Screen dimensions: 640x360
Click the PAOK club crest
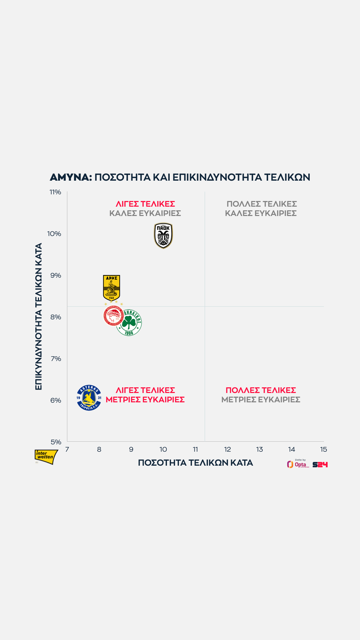pyautogui.click(x=163, y=236)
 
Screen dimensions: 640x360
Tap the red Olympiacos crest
pyautogui.click(x=113, y=316)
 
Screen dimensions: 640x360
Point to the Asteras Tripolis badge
pyautogui.click(x=89, y=398)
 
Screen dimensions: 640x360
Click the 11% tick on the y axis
pyautogui.click(x=55, y=192)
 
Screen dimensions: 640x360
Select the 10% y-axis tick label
pyautogui.click(x=54, y=234)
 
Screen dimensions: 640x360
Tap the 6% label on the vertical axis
pyautogui.click(x=56, y=400)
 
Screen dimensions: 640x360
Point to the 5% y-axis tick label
pyautogui.click(x=56, y=442)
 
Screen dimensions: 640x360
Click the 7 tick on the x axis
pyautogui.click(x=67, y=449)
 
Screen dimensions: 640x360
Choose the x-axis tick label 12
pyautogui.click(x=227, y=449)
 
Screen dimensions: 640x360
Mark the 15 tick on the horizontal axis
pyautogui.click(x=323, y=449)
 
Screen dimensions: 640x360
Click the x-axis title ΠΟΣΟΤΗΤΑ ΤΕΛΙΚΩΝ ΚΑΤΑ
pyautogui.click(x=195, y=463)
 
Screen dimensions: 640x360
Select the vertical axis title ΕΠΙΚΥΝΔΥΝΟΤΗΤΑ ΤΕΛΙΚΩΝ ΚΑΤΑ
pyautogui.click(x=39, y=316)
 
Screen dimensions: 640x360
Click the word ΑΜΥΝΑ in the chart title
pyautogui.click(x=71, y=177)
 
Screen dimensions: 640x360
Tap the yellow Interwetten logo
pyautogui.click(x=46, y=456)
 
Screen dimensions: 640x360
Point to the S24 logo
pyautogui.click(x=320, y=465)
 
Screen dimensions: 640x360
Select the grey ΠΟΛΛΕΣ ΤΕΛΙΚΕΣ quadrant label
pyautogui.click(x=262, y=204)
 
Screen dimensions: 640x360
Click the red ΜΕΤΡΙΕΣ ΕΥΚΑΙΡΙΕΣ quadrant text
pyautogui.click(x=145, y=400)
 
